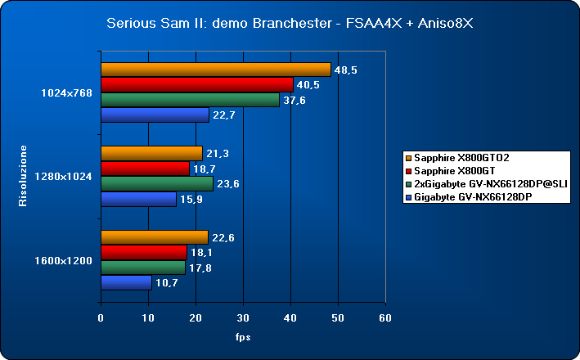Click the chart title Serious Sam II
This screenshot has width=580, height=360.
pyautogui.click(x=290, y=23)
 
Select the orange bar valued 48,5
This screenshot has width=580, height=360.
pyautogui.click(x=215, y=70)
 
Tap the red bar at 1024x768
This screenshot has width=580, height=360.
pyautogui.click(x=196, y=84)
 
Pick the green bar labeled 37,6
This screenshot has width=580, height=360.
pyautogui.click(x=190, y=100)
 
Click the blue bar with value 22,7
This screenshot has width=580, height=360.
pyautogui.click(x=155, y=115)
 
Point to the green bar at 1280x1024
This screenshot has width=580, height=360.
pyautogui.click(x=156, y=184)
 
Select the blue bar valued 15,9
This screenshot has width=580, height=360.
pyautogui.click(x=138, y=200)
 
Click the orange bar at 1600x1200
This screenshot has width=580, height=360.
pyautogui.click(x=154, y=237)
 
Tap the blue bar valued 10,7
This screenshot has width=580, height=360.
pyautogui.click(x=126, y=283)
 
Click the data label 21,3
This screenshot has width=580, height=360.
pyautogui.click(x=216, y=153)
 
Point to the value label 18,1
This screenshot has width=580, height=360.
pyautogui.click(x=201, y=253)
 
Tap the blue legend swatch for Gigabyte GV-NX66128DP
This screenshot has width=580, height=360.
pyautogui.click(x=408, y=198)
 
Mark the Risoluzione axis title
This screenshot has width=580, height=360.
pyautogui.click(x=24, y=176)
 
